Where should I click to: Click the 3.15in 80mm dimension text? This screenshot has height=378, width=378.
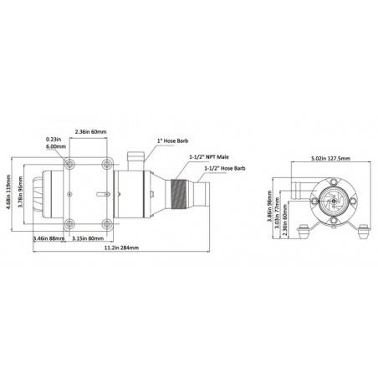[87, 238]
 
